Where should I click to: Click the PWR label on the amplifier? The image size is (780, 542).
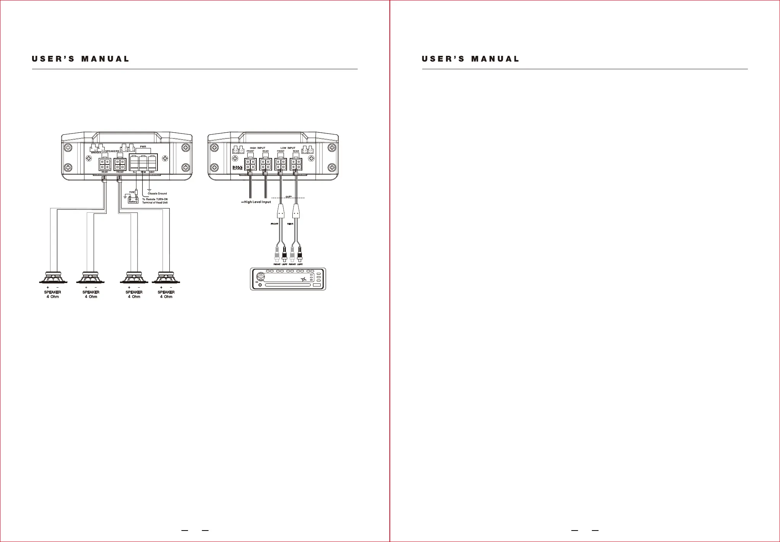(143, 146)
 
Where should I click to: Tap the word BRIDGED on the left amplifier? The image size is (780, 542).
(96, 153)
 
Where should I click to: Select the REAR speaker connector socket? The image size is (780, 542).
(105, 164)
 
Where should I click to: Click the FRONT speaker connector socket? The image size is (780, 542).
(120, 164)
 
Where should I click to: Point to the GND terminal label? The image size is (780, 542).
(152, 172)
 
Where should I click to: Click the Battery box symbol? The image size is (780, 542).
(133, 200)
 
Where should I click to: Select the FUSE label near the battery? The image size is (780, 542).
(132, 192)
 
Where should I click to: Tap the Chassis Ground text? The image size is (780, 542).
(157, 194)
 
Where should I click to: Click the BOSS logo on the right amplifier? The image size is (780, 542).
(237, 168)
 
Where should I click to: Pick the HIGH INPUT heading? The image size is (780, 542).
(258, 148)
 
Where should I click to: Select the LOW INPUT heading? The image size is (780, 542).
(288, 148)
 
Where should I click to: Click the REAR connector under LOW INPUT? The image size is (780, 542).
(296, 164)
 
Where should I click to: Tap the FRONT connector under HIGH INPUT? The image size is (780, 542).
(250, 164)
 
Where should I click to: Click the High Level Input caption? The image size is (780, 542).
(257, 202)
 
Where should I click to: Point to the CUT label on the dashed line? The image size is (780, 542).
(289, 197)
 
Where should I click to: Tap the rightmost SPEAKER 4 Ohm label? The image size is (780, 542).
(166, 294)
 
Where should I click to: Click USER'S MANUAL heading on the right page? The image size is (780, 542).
(470, 59)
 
